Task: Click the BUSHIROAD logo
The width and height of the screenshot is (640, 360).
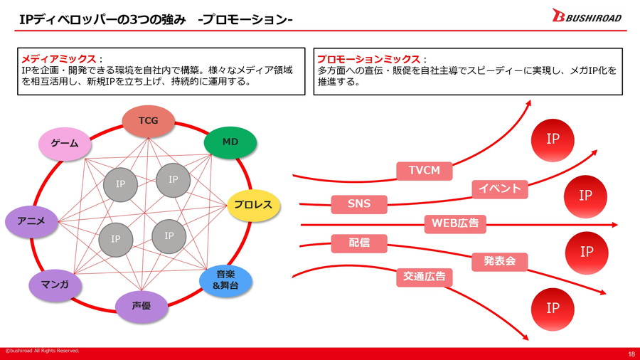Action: coord(586,16)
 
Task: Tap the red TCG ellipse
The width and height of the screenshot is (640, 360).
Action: coord(148,121)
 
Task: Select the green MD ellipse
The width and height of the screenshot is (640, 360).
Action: coord(230,142)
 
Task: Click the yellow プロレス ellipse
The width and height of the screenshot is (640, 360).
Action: coord(253,205)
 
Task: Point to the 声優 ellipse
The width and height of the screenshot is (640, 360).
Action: coord(141,307)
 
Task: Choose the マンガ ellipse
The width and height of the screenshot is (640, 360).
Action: coord(55,285)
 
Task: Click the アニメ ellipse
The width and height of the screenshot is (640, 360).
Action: coord(31,221)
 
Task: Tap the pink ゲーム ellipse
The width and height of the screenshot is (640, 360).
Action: coord(65,144)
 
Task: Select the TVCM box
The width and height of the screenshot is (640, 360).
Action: coord(425,171)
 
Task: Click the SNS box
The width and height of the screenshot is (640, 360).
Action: coord(359,204)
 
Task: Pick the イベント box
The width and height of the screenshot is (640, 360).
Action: coord(499,189)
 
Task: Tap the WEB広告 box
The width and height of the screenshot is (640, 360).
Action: coord(455,223)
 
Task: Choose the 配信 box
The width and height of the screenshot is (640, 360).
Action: coord(359,243)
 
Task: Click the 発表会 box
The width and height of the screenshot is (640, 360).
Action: coord(499,261)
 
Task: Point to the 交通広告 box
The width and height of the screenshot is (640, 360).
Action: coord(425,277)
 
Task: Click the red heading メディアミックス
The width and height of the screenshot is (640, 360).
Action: coord(60,59)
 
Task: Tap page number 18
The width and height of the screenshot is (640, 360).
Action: coord(631,354)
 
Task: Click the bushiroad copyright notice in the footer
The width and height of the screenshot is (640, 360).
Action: coord(42,351)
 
